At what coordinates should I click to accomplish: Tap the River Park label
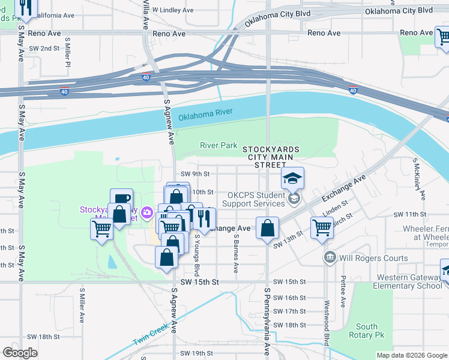point(218,145)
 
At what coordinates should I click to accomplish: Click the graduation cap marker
point(292,179)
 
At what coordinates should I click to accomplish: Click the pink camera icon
point(146,212)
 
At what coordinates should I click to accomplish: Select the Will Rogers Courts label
point(373,258)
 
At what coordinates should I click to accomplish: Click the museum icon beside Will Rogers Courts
point(330,258)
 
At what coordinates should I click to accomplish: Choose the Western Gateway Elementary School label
point(409,281)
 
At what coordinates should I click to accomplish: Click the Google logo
point(20,353)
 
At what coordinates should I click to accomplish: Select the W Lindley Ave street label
point(173,10)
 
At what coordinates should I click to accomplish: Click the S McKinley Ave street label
point(418,179)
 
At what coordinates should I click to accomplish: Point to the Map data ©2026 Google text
point(412,355)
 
